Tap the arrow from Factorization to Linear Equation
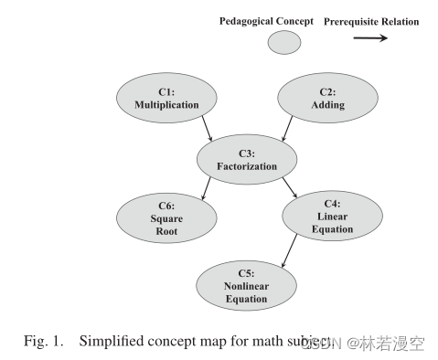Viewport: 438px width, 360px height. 290,189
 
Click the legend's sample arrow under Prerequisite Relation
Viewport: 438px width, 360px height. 371,39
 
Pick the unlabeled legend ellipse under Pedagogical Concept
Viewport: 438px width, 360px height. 284,41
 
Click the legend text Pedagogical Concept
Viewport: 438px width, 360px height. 266,21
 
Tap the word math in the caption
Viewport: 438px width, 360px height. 273,342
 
